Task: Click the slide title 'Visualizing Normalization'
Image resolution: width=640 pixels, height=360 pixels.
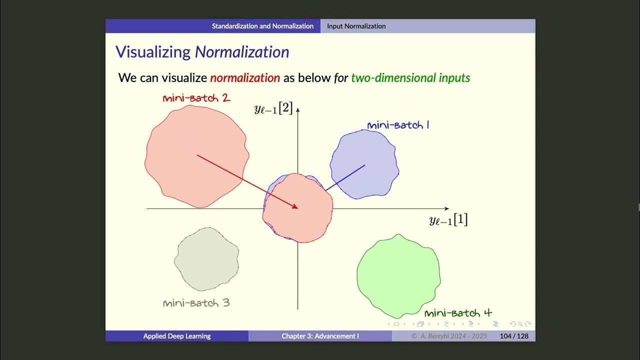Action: click(x=202, y=52)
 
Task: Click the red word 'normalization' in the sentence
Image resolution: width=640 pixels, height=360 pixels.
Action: click(x=245, y=77)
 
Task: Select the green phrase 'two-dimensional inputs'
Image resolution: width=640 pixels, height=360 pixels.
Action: click(x=410, y=77)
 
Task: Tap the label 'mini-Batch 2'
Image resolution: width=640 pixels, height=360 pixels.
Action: click(x=196, y=98)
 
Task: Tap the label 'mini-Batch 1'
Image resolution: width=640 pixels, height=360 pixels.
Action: click(x=398, y=125)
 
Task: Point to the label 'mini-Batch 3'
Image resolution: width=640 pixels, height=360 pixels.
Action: click(x=196, y=302)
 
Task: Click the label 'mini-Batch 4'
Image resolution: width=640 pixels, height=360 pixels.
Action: click(x=458, y=313)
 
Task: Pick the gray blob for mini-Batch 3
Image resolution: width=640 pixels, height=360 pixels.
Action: click(x=206, y=259)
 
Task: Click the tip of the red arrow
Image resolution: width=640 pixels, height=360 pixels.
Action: click(x=297, y=208)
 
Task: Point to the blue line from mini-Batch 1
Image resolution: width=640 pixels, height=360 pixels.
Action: click(x=345, y=177)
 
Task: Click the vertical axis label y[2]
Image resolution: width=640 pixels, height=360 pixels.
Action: click(x=273, y=108)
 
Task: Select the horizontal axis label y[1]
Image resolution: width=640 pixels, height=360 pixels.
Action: click(x=448, y=220)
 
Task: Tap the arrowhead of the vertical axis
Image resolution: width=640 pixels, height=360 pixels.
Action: click(x=298, y=108)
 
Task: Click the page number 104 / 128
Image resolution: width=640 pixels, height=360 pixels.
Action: click(x=514, y=336)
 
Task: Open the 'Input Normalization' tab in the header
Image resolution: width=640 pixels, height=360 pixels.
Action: click(x=356, y=26)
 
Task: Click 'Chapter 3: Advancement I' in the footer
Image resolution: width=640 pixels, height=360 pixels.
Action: click(x=320, y=336)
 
